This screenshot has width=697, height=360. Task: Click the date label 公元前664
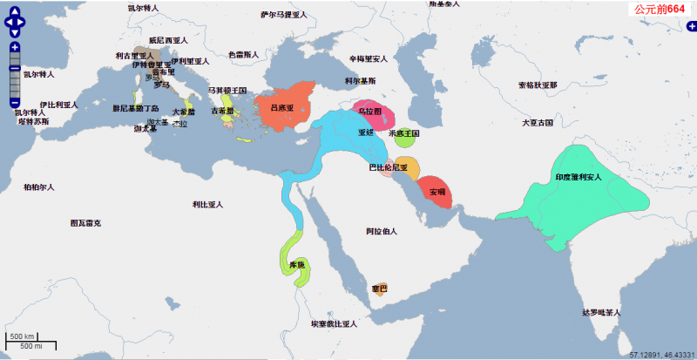(660, 9)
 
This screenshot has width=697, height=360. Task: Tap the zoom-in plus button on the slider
(15, 48)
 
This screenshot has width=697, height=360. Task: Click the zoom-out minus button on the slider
(15, 104)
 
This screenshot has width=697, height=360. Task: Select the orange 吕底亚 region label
(282, 108)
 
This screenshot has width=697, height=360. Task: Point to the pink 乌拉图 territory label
(370, 112)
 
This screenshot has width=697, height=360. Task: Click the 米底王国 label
(403, 133)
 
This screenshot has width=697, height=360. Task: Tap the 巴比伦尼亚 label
(389, 166)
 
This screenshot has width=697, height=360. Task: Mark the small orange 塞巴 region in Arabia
(379, 287)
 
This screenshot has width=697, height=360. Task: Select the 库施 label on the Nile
(295, 264)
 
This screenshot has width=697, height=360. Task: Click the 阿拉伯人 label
(382, 231)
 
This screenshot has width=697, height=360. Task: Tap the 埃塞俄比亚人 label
(334, 323)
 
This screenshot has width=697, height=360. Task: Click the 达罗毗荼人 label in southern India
(601, 312)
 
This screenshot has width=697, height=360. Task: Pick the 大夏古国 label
(537, 123)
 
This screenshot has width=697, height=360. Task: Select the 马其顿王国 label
(227, 90)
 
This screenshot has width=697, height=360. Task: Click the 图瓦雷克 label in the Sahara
(85, 223)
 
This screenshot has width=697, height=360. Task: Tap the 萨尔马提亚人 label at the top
(285, 15)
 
